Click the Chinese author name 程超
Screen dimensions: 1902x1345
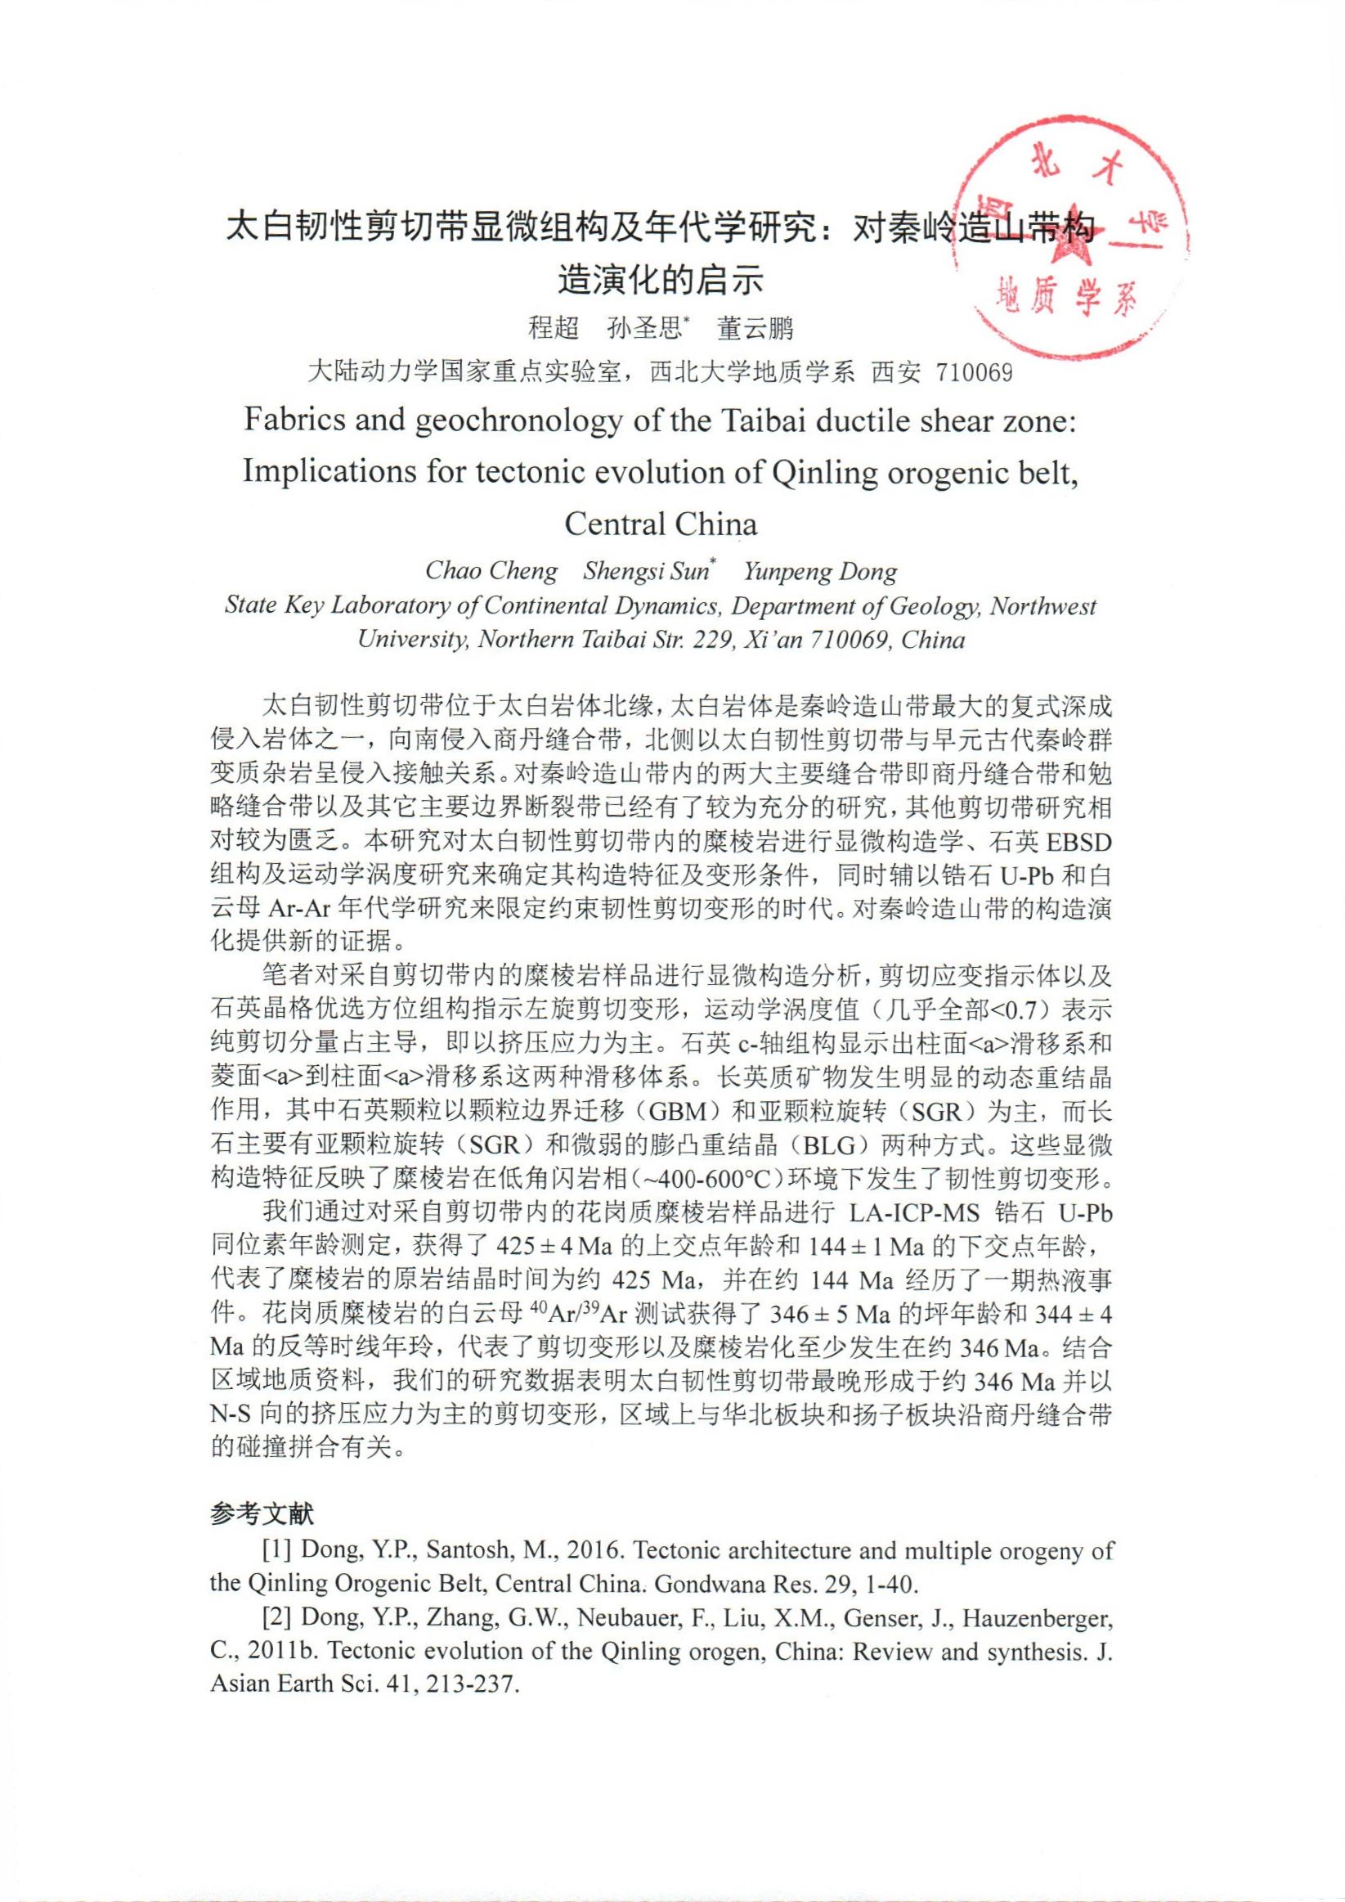pyautogui.click(x=554, y=328)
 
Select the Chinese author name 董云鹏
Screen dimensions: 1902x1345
pyautogui.click(x=755, y=328)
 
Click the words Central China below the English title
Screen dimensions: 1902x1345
pyautogui.click(x=660, y=524)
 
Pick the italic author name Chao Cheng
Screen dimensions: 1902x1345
pyautogui.click(x=491, y=571)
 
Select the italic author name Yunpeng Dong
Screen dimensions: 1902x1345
pyautogui.click(x=820, y=571)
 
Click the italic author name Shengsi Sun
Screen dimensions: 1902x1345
pyautogui.click(x=646, y=571)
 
